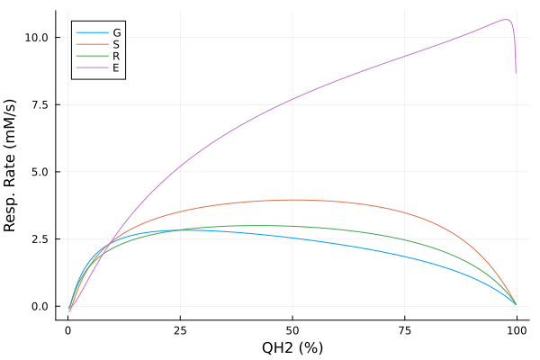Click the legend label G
click(x=117, y=31)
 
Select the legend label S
click(x=117, y=43)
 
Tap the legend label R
click(x=117, y=55)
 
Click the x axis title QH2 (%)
click(x=292, y=347)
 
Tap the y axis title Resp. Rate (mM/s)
click(x=13, y=166)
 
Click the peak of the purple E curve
click(x=507, y=20)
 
